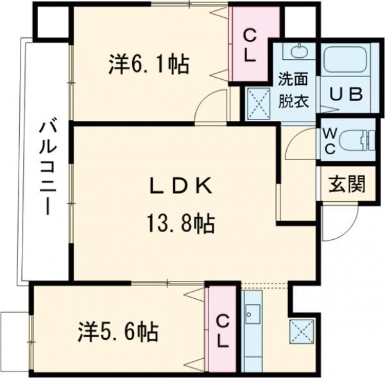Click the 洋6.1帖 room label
coord(149,65)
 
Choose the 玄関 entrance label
coord(347,184)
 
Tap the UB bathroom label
coord(346,94)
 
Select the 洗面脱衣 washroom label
coord(292,90)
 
